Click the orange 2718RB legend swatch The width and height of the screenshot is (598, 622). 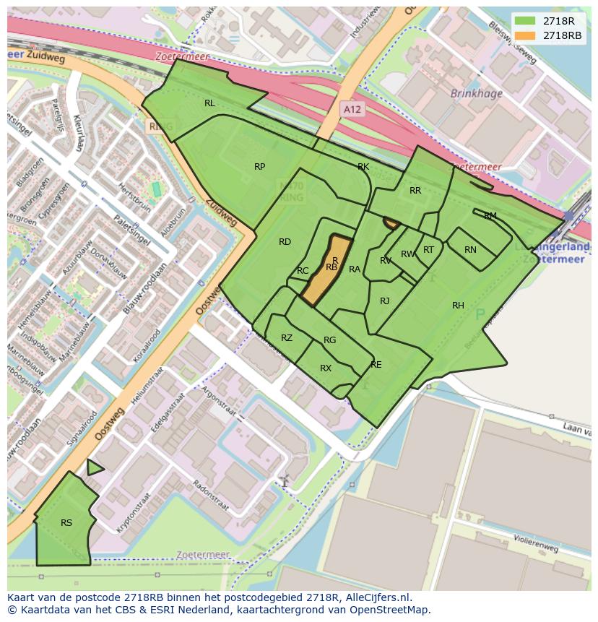[526, 35]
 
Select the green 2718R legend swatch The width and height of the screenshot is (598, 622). [526, 21]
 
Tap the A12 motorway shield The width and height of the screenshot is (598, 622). [352, 109]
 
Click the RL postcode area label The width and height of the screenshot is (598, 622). [209, 103]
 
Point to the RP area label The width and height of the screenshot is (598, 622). [259, 167]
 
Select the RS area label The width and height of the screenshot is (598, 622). [66, 523]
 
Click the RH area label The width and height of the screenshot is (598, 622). [458, 306]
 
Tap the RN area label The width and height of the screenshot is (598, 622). [470, 250]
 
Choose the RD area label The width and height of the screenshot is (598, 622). [285, 242]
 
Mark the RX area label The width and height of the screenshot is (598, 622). [326, 368]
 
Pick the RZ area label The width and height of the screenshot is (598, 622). [287, 338]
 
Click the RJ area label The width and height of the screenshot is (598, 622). [384, 301]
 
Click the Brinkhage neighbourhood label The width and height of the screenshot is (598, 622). [475, 93]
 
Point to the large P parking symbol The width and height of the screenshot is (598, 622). [480, 314]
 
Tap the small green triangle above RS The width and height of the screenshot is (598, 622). [93, 468]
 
